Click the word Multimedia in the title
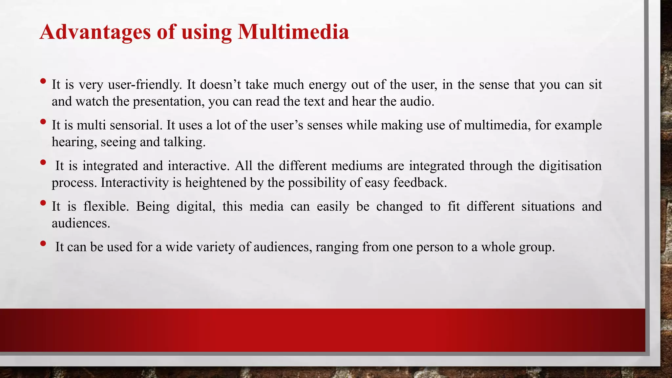coord(293,32)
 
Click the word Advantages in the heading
coord(95,32)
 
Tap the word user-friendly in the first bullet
coord(145,85)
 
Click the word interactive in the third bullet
coord(199,166)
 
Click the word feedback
coord(420,182)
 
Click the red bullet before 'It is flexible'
coord(43,203)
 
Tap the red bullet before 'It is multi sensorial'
coord(43,122)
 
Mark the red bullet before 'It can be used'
coord(43,243)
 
